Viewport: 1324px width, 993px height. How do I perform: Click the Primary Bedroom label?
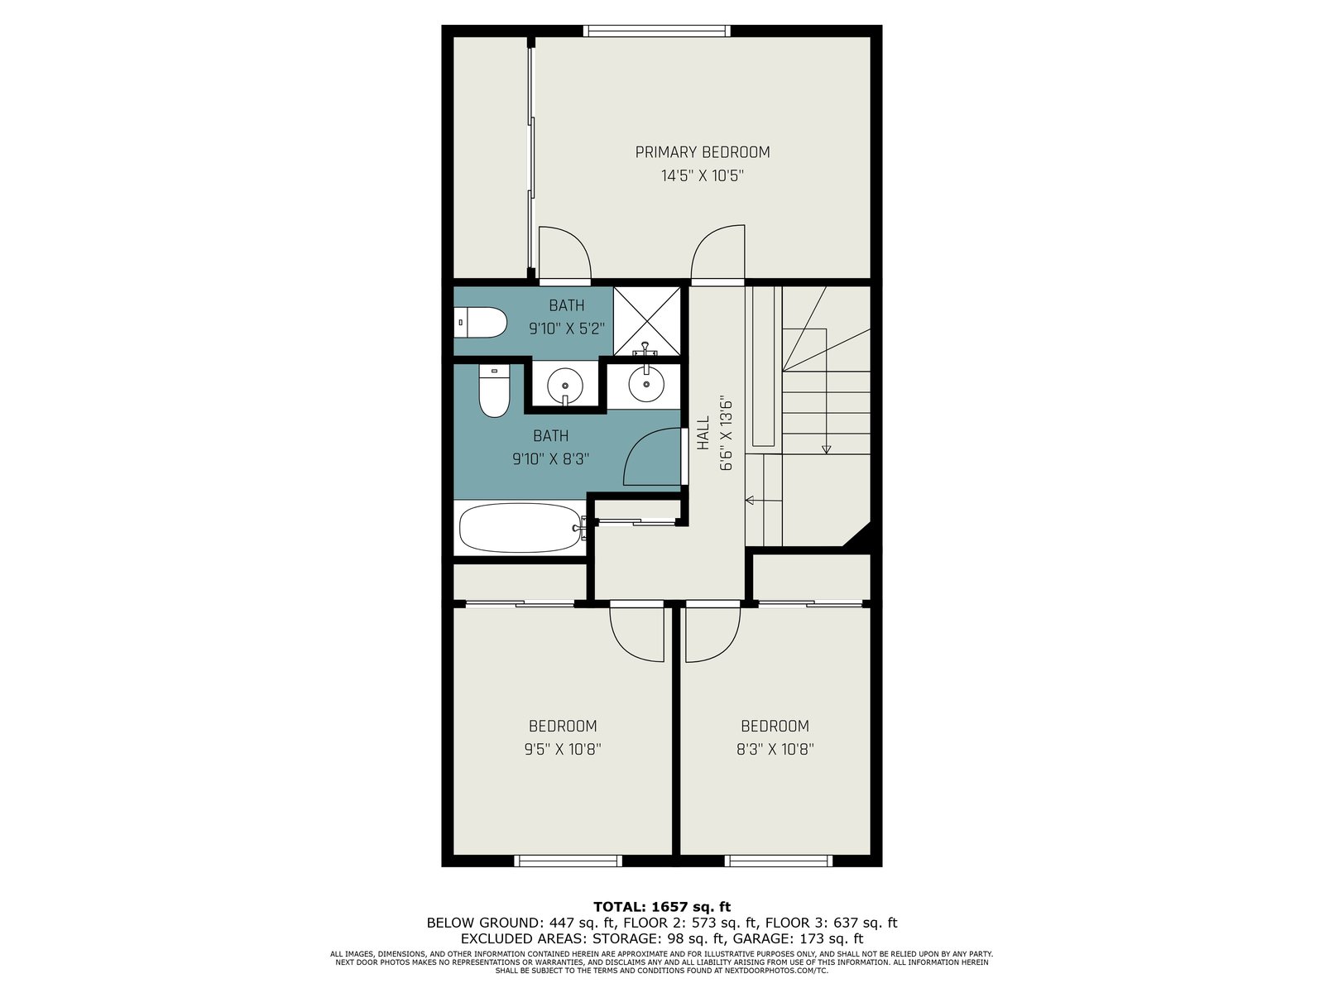[702, 152]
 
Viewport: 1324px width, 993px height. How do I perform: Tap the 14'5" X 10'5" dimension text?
[702, 176]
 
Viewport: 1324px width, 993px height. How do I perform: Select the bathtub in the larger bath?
[520, 528]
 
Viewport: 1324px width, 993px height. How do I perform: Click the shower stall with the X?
[646, 321]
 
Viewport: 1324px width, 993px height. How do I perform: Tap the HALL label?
[703, 433]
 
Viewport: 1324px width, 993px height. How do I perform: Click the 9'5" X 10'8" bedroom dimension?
[562, 750]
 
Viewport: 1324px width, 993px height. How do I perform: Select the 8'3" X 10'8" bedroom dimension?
[775, 750]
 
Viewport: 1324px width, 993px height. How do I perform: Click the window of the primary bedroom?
[656, 30]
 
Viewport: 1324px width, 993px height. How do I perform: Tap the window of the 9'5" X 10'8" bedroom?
[568, 861]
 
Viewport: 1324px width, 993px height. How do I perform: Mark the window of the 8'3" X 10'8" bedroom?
[778, 861]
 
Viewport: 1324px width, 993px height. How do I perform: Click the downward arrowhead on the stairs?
[827, 449]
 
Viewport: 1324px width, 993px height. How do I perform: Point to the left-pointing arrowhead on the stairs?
[750, 500]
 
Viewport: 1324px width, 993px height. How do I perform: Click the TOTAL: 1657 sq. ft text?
[662, 907]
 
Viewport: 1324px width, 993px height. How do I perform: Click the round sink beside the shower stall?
[646, 383]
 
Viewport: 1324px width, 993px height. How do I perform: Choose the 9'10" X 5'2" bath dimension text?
[566, 329]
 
